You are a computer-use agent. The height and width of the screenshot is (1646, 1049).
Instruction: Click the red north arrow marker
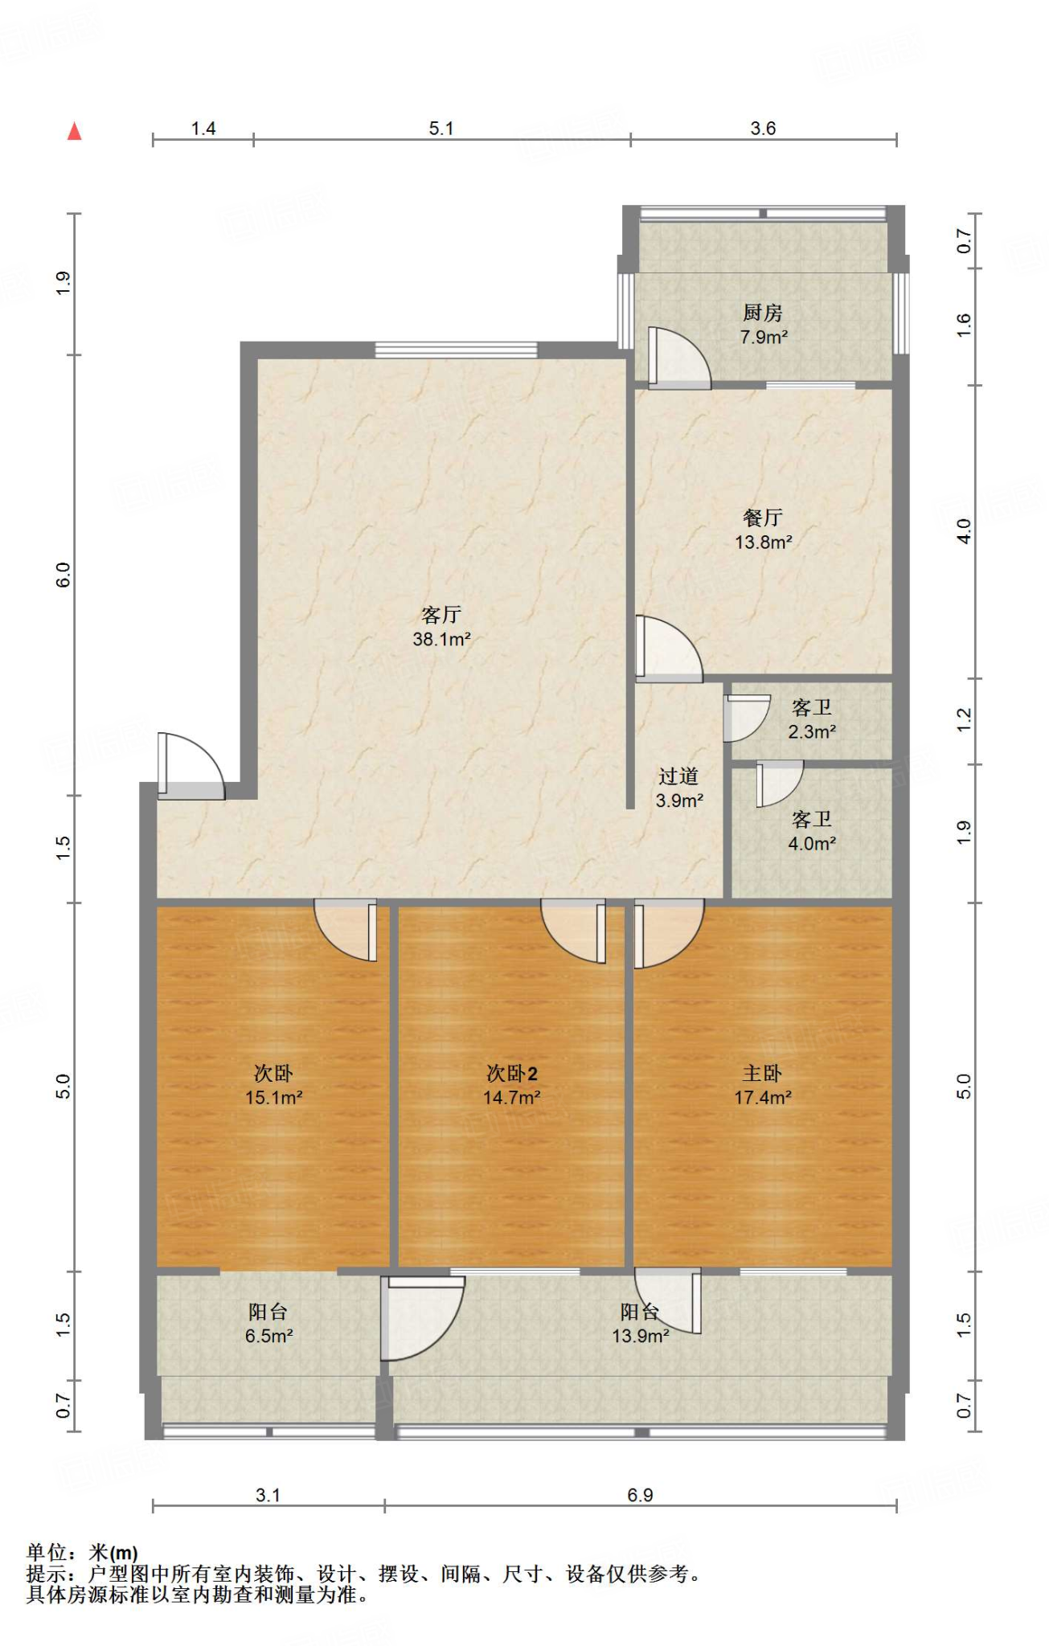click(x=75, y=131)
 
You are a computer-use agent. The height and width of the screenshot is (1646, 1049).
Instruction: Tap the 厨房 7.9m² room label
click(x=763, y=325)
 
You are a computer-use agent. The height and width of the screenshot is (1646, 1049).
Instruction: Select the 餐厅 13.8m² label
click(x=763, y=530)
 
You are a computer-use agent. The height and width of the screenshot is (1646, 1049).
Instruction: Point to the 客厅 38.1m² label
click(x=441, y=627)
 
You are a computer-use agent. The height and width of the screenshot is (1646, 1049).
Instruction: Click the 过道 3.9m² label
click(x=679, y=788)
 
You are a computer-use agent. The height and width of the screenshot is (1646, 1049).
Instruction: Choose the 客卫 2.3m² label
click(x=812, y=719)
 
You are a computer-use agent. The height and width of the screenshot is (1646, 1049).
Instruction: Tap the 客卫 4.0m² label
click(x=812, y=831)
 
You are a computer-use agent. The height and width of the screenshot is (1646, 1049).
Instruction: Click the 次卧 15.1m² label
click(x=273, y=1085)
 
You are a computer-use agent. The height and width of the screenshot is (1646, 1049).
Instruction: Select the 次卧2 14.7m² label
click(x=511, y=1085)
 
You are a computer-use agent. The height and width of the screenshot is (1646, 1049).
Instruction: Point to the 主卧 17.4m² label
click(x=762, y=1085)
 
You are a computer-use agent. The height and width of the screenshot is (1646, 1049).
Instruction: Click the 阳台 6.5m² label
click(x=268, y=1324)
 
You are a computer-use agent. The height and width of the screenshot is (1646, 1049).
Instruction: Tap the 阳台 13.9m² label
click(x=640, y=1324)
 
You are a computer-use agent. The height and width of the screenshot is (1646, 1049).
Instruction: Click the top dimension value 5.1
click(x=441, y=129)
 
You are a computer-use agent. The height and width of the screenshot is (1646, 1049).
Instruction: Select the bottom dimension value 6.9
click(x=640, y=1495)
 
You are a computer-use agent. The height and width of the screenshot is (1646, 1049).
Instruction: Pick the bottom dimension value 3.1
click(x=268, y=1495)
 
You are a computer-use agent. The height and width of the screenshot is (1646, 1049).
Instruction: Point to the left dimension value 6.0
click(x=64, y=575)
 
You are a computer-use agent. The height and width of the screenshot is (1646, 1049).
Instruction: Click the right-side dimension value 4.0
click(x=964, y=531)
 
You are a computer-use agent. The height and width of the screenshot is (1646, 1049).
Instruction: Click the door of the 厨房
click(x=679, y=358)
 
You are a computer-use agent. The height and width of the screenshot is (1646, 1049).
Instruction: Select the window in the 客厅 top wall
click(x=456, y=350)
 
